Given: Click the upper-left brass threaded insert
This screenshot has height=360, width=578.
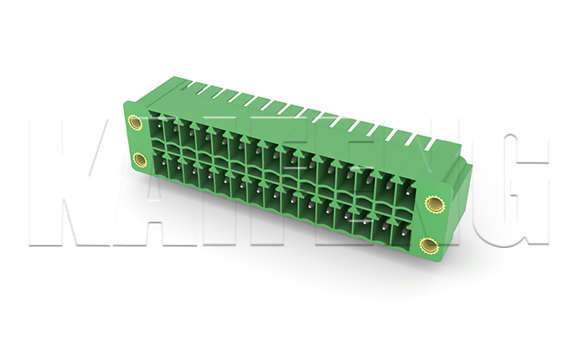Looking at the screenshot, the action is (x=134, y=121).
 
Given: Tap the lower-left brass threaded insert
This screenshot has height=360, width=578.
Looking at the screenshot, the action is (x=140, y=160).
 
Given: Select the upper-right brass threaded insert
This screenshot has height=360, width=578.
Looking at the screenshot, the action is (x=435, y=204).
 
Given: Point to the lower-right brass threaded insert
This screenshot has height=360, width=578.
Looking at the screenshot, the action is (x=430, y=244).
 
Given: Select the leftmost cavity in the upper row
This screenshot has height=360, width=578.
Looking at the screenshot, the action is (x=157, y=127).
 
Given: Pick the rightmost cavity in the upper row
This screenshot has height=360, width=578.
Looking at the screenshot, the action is (x=405, y=193).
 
